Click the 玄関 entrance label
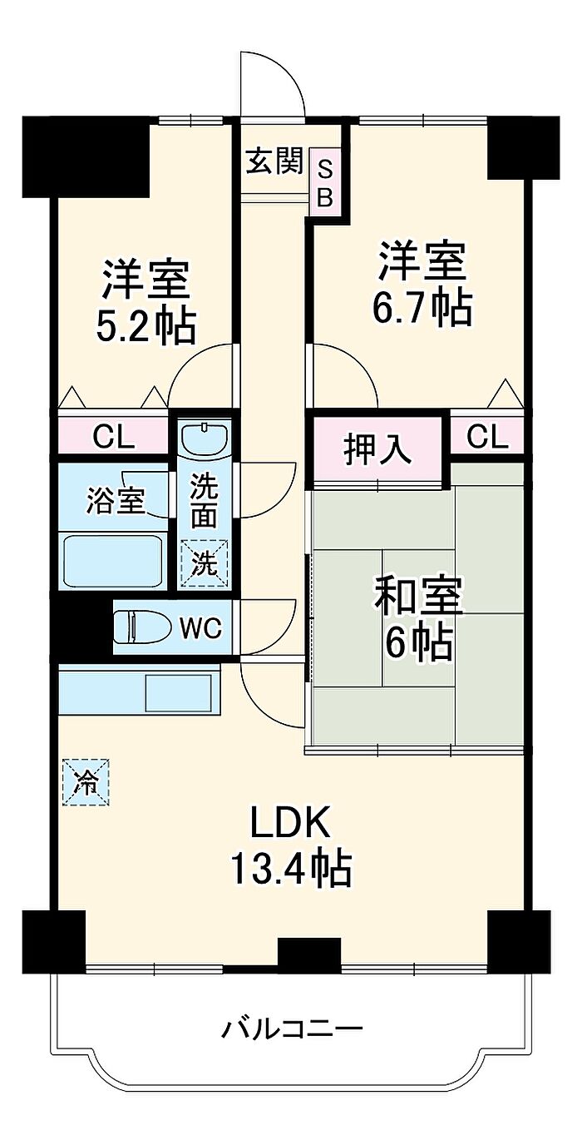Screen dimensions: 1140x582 pos(273,161)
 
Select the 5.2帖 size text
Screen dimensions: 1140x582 pos(146,326)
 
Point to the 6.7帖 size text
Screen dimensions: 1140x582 pos(422,309)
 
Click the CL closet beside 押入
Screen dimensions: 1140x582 pos(487,437)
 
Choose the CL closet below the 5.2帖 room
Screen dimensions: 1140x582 pos(113,437)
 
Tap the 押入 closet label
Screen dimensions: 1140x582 pos(377,449)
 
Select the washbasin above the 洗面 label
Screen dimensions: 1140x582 pos(205,437)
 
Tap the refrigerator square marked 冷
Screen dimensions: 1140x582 pos(86,781)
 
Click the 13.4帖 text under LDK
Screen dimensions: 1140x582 pos(291,870)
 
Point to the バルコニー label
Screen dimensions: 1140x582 pos(291,1030)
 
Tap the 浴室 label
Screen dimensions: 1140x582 pos(115,501)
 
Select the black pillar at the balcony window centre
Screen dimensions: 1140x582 pos(309,954)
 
